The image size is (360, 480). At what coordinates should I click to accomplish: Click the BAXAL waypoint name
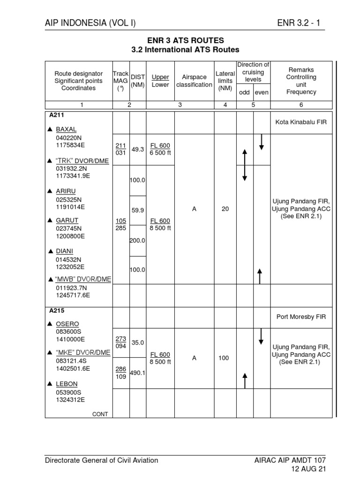pyautogui.click(x=66, y=129)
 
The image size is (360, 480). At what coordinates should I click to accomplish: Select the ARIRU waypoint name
pyautogui.click(x=66, y=191)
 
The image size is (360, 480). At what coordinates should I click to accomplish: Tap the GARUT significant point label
pyautogui.click(x=67, y=220)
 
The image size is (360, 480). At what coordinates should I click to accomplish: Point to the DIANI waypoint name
pyautogui.click(x=65, y=251)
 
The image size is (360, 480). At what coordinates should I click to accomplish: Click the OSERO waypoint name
pyautogui.click(x=67, y=324)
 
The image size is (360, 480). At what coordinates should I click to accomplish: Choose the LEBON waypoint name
pyautogui.click(x=67, y=384)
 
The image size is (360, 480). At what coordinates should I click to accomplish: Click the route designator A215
pyautogui.click(x=57, y=310)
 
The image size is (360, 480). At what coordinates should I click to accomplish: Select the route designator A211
pyautogui.click(x=57, y=114)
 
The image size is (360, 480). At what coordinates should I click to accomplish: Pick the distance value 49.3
pyautogui.click(x=138, y=149)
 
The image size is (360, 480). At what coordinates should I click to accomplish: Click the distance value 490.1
pyautogui.click(x=138, y=373)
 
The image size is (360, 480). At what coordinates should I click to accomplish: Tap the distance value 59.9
pyautogui.click(x=138, y=210)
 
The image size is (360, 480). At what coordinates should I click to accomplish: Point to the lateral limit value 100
pyautogui.click(x=224, y=358)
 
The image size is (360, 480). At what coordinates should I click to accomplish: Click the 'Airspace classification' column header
pyautogui.click(x=194, y=81)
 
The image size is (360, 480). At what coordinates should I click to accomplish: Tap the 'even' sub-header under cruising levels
pyautogui.click(x=262, y=92)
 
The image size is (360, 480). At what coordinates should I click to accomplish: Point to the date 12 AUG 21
pyautogui.click(x=308, y=469)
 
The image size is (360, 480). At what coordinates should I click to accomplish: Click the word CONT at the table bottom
pyautogui.click(x=100, y=414)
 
